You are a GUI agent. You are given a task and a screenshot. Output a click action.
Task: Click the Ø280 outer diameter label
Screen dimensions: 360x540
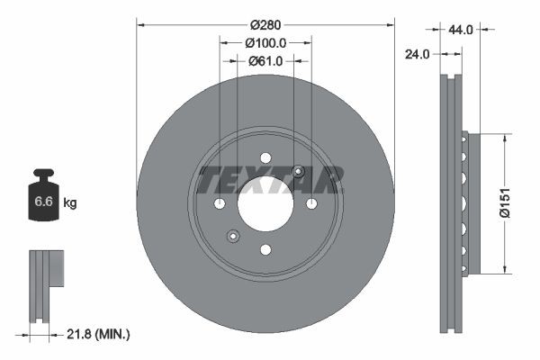265,24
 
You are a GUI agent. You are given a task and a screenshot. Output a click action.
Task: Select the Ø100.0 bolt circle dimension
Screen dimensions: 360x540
265,42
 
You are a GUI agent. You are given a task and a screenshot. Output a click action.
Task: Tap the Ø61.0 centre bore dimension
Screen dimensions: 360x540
265,61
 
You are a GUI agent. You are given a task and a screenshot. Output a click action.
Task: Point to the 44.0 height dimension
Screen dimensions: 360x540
460,30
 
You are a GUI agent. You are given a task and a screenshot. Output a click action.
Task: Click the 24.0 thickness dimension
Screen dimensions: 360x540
416,53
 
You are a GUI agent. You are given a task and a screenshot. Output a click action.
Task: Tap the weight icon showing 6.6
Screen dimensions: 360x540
44,201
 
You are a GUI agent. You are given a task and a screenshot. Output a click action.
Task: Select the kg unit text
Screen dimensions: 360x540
70,203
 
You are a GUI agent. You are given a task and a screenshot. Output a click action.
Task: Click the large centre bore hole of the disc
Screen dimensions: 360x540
265,204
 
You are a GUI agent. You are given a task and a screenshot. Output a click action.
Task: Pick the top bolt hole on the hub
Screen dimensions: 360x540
265,158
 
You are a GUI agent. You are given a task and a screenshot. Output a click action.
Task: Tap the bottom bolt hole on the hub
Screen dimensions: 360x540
265,250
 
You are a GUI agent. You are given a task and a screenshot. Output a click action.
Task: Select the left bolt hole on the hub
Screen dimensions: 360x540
220,204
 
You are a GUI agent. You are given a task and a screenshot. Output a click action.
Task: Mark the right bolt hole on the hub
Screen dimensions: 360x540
311,204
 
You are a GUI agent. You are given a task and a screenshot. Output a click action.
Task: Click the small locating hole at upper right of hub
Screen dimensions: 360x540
299,173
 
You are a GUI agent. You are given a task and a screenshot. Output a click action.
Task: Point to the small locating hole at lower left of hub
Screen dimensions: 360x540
232,237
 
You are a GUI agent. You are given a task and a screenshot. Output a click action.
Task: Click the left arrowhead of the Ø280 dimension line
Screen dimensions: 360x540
140,24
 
